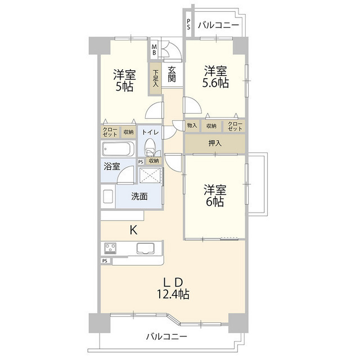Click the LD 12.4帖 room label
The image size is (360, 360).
tap(173, 287)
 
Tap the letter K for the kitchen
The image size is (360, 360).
tap(134, 229)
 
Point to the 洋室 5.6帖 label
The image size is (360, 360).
tap(215, 77)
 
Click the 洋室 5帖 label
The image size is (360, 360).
tap(124, 80)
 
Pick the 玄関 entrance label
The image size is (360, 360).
tap(172, 74)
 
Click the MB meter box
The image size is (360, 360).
tap(154, 49)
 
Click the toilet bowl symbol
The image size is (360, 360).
tap(150, 147)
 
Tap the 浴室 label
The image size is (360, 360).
tap(111, 166)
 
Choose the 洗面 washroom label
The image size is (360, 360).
tap(139, 196)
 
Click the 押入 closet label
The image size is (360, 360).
tap(215, 143)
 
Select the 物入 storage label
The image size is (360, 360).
tap(192, 125)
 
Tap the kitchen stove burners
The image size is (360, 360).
tap(110, 248)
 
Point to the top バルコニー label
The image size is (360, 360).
tap(219, 25)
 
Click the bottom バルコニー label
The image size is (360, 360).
tap(166, 336)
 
